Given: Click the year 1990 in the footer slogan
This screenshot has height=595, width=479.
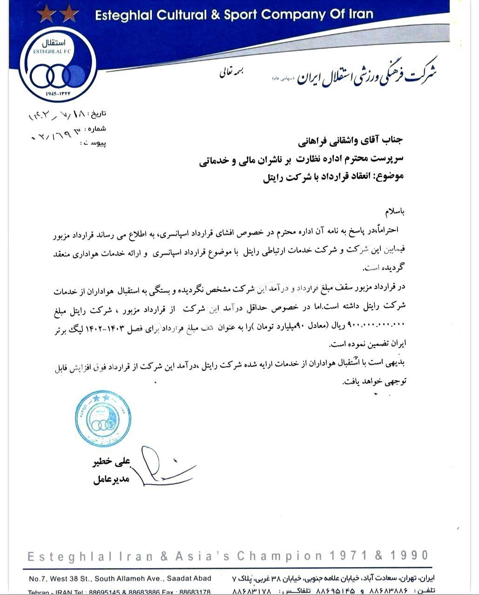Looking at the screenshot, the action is [409, 555].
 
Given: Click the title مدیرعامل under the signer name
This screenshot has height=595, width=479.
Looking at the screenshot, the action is [111, 480].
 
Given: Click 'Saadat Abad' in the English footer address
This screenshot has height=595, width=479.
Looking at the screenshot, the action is [191, 579].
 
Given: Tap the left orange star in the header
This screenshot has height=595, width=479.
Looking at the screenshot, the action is [45, 14].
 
